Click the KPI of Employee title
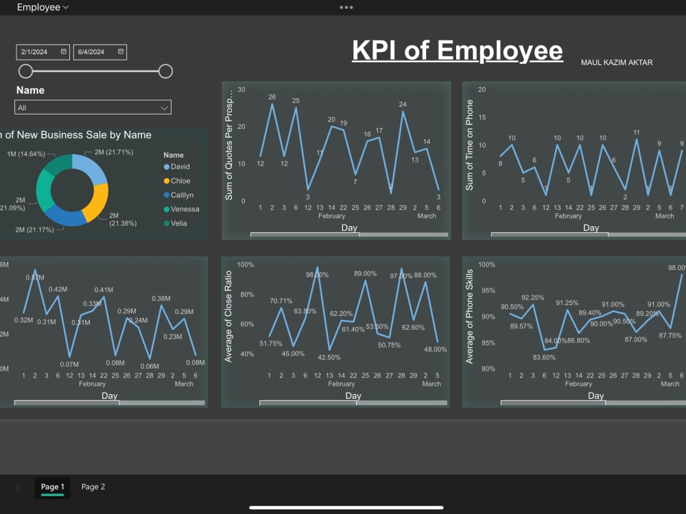pyautogui.click(x=457, y=51)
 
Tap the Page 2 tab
pyautogui.click(x=93, y=487)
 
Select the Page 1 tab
pyautogui.click(x=53, y=487)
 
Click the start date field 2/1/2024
pyautogui.click(x=43, y=52)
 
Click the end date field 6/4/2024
pyautogui.click(x=100, y=52)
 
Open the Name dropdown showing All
pyautogui.click(x=93, y=108)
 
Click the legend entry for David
pyautogui.click(x=180, y=167)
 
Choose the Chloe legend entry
pyautogui.click(x=180, y=181)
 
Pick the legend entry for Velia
pyautogui.click(x=178, y=223)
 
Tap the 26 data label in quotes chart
pyautogui.click(x=272, y=97)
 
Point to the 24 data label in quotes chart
pyautogui.click(x=403, y=105)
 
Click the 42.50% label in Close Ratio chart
pyautogui.click(x=330, y=357)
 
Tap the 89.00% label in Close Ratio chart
pyautogui.click(x=365, y=273)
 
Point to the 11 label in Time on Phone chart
pyautogui.click(x=637, y=133)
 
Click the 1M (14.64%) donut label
pyautogui.click(x=25, y=154)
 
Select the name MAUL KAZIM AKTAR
pyautogui.click(x=617, y=63)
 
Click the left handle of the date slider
pyautogui.click(x=26, y=71)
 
